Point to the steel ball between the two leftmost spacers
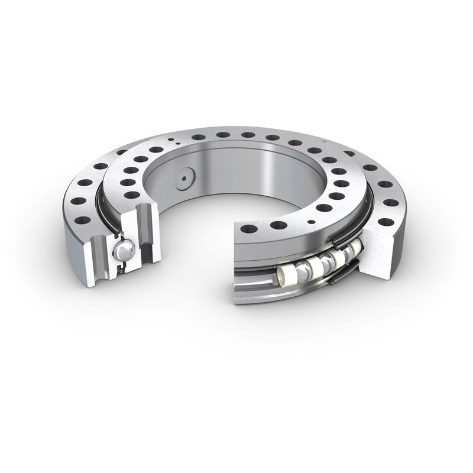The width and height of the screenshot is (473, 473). [x=306, y=270]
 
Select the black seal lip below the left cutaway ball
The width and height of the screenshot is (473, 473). [x=121, y=269]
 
